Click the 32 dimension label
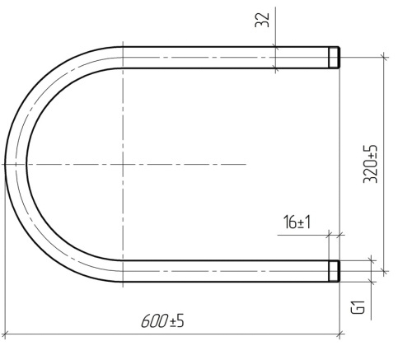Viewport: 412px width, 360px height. (262, 20)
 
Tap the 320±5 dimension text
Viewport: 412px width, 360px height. (370, 164)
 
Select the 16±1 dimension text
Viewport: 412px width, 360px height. (297, 222)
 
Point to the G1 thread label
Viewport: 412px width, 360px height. (358, 307)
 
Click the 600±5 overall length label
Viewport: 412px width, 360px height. (162, 321)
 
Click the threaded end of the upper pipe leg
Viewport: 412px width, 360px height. (335, 58)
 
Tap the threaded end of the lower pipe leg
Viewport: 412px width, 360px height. (335, 271)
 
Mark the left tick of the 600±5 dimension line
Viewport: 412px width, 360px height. (5, 334)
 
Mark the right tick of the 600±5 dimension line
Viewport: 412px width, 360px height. (339, 334)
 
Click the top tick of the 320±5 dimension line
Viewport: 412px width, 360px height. (384, 57)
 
